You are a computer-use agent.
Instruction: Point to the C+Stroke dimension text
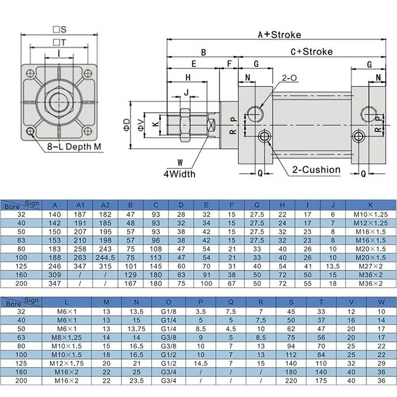[311, 52]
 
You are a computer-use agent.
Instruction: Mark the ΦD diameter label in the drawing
[128, 123]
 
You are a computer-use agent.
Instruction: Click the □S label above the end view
[60, 28]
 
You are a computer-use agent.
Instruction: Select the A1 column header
[80, 205]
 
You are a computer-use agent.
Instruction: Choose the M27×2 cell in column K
[370, 265]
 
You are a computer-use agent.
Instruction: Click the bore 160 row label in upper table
[22, 273]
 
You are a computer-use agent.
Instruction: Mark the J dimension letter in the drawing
[186, 92]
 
